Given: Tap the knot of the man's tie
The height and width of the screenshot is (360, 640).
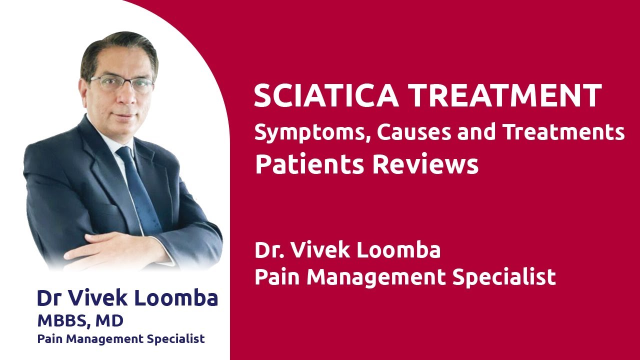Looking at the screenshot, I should (124, 153).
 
